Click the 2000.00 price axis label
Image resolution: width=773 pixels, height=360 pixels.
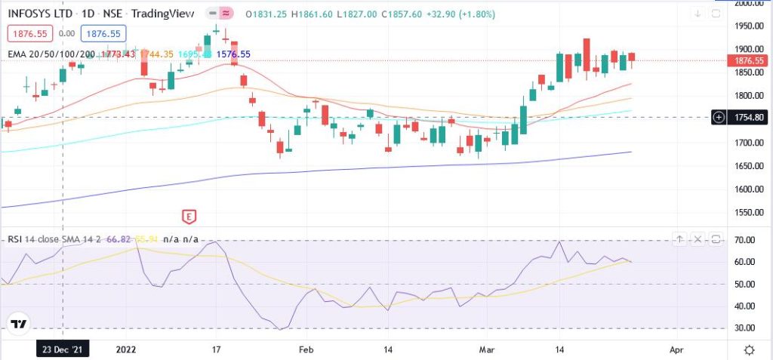coord(750,4)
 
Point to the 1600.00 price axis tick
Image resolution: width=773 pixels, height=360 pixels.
coord(750,189)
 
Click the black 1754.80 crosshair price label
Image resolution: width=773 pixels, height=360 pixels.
coord(750,117)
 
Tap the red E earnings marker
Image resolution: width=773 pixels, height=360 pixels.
coord(189,217)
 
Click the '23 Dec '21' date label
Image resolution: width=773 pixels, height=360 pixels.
coord(63,350)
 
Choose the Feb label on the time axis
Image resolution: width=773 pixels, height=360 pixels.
coord(306,350)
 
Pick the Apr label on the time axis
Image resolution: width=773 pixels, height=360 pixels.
coord(676,350)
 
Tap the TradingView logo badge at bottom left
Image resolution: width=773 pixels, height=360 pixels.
coord(19,325)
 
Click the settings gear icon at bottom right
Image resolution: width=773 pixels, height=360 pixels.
coord(749,350)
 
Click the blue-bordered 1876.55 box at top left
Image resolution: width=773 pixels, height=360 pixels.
coord(104,33)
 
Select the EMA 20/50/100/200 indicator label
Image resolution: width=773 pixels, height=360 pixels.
coord(52,54)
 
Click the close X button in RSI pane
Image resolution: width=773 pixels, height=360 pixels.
coord(698,239)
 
